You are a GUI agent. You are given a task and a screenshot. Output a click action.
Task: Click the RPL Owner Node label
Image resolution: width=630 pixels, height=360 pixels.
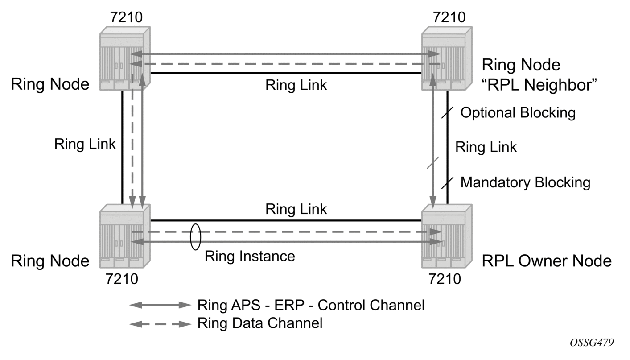[x=547, y=261]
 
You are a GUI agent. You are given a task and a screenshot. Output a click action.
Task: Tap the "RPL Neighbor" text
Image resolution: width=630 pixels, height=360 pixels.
[x=539, y=85]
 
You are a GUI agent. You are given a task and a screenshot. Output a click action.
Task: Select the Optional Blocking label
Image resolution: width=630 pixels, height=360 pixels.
[x=518, y=112]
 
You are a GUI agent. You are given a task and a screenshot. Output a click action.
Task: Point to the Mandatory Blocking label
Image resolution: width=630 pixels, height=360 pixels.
[x=525, y=182]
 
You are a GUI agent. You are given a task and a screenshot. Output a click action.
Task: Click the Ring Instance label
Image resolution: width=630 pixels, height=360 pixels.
[x=250, y=256]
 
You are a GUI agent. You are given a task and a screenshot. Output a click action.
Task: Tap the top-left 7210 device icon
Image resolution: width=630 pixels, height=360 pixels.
[x=125, y=58]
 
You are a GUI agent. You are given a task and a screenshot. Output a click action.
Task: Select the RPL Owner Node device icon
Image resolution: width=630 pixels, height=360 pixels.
[x=447, y=236]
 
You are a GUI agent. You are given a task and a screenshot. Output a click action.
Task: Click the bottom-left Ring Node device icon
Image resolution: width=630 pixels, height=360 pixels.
[x=125, y=236]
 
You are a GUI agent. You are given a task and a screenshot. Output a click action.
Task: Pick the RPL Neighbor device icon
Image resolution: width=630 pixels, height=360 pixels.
[x=447, y=58]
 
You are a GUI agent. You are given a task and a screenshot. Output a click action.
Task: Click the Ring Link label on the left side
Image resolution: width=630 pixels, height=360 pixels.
[x=85, y=144]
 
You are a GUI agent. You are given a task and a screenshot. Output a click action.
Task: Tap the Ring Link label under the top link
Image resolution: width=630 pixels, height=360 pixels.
[x=296, y=85]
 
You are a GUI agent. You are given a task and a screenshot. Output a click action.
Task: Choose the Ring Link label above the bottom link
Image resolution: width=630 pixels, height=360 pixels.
[x=296, y=209]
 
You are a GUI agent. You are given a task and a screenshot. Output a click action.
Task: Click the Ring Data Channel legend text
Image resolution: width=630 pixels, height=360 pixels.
[x=260, y=323]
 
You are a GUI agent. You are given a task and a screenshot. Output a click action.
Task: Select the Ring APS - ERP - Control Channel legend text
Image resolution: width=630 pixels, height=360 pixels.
[x=311, y=305]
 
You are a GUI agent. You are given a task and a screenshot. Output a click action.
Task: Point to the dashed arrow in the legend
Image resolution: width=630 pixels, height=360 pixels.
[x=161, y=324]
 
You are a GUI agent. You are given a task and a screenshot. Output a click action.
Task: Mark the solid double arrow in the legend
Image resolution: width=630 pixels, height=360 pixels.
[x=161, y=305]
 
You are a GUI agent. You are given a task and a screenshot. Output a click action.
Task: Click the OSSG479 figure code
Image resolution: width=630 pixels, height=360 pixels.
[x=592, y=343]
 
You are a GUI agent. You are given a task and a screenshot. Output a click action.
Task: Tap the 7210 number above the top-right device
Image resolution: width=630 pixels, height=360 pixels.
[x=449, y=17]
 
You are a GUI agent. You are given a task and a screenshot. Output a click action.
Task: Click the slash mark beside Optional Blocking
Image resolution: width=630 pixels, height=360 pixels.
[x=447, y=112]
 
